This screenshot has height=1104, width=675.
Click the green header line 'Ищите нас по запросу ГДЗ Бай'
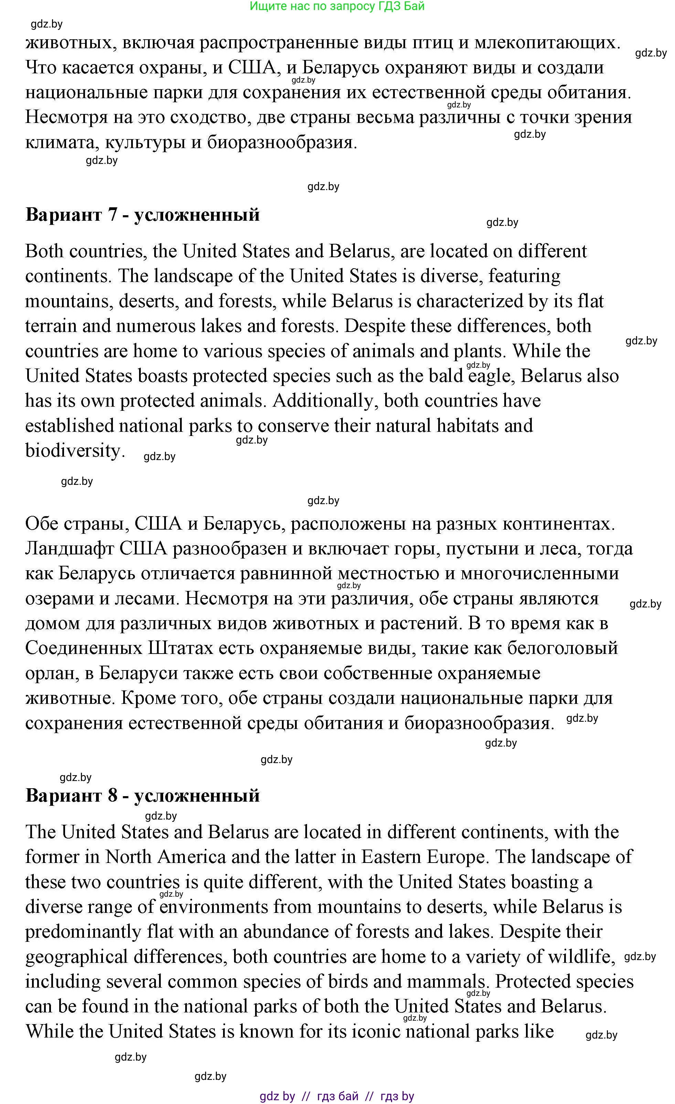[337, 6]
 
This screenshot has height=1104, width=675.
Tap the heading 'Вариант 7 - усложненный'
[143, 215]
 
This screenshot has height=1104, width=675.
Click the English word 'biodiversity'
[73, 451]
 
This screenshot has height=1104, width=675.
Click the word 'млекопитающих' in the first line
[547, 43]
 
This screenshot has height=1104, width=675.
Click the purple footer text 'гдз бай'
[338, 1096]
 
